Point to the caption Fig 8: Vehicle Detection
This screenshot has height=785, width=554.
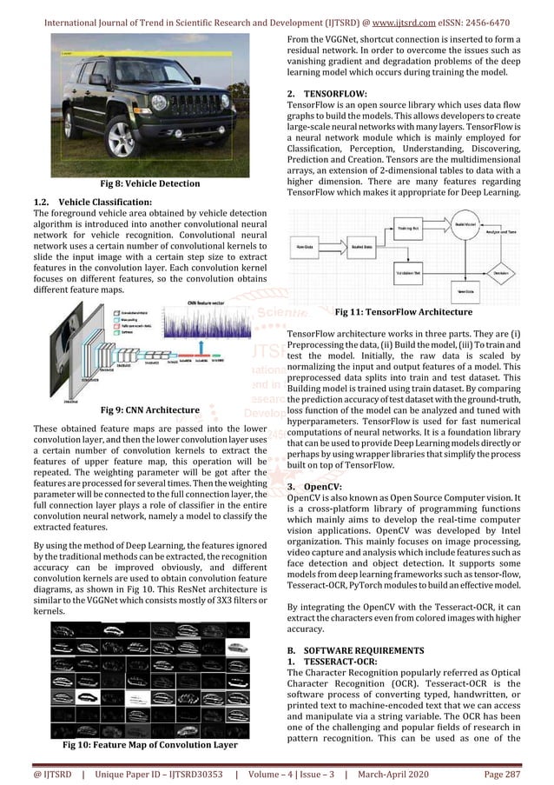[x=149, y=183]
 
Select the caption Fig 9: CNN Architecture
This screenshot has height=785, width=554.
[x=149, y=409]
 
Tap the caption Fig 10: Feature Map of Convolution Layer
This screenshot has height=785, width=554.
[x=149, y=745]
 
